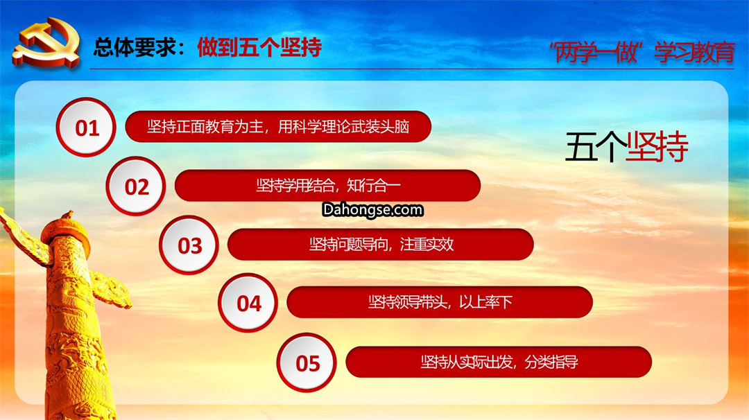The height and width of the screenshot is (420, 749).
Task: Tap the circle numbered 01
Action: click(x=86, y=128)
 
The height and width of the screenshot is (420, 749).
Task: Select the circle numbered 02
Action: click(x=136, y=186)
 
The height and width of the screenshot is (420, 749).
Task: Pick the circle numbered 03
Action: click(x=189, y=245)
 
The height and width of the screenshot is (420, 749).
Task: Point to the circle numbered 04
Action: click(x=248, y=303)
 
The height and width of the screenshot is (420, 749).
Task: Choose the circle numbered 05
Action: click(x=307, y=362)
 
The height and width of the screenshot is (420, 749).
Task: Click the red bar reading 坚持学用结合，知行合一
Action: click(x=327, y=185)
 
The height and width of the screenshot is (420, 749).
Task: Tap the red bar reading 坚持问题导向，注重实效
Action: click(x=381, y=245)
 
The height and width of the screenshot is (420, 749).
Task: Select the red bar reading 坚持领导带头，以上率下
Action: click(x=440, y=302)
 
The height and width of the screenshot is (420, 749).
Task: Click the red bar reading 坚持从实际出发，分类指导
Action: click(x=499, y=362)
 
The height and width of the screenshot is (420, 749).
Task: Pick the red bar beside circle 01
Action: click(x=278, y=126)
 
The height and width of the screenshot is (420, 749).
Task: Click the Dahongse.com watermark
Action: click(x=372, y=209)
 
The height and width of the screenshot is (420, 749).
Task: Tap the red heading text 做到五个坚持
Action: click(x=259, y=47)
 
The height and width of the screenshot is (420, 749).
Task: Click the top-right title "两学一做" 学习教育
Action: click(x=642, y=52)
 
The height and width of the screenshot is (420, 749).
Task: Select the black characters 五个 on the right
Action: click(x=596, y=146)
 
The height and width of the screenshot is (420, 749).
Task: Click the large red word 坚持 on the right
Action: click(x=657, y=146)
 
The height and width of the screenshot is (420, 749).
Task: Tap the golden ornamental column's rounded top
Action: click(x=65, y=231)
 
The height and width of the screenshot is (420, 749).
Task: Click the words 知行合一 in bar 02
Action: click(x=374, y=185)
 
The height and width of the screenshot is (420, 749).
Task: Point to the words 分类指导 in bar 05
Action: click(x=551, y=362)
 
